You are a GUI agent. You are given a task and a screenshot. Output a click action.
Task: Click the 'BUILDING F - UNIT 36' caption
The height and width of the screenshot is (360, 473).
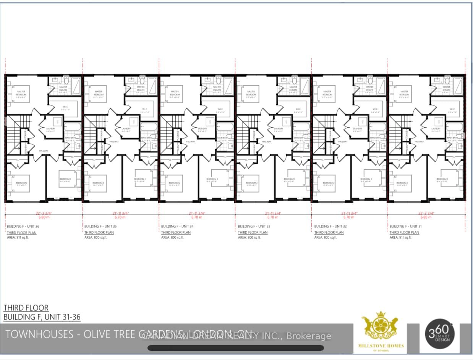coord(23,226)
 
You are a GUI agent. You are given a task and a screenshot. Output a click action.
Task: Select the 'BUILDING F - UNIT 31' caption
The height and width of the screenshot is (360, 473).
coord(406,226)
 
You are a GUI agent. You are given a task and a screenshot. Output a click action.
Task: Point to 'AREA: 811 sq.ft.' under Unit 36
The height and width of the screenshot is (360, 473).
coord(19,237)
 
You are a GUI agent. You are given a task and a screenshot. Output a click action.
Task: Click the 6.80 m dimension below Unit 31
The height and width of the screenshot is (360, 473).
coord(426,217)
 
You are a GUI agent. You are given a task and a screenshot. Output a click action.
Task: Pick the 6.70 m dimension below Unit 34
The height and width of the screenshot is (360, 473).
coord(196,217)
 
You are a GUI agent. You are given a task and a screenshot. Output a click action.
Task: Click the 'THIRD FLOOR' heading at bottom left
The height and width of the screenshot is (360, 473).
coord(26,308)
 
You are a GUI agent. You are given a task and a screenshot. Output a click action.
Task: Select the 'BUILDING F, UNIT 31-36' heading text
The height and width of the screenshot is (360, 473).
coord(42,317)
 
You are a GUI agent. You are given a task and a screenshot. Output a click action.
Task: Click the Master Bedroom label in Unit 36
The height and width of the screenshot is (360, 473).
coord(21,93)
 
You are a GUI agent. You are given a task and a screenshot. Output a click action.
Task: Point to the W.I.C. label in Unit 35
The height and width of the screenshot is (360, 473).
coord(144,109)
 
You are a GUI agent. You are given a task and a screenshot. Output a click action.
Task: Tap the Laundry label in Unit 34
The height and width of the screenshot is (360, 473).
coord(202,129)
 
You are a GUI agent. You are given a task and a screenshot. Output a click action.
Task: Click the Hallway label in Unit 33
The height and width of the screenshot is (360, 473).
coord(267,141)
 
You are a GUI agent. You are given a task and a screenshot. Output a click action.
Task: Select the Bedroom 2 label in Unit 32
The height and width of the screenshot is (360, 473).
coord(327,183)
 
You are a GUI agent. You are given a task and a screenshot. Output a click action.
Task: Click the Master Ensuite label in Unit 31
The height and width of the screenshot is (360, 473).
coord(445,88)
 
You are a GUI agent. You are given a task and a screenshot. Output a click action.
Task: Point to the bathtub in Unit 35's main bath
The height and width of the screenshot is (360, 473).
coord(148,127)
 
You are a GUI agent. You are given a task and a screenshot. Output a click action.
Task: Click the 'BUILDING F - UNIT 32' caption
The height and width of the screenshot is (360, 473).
coord(330,226)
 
